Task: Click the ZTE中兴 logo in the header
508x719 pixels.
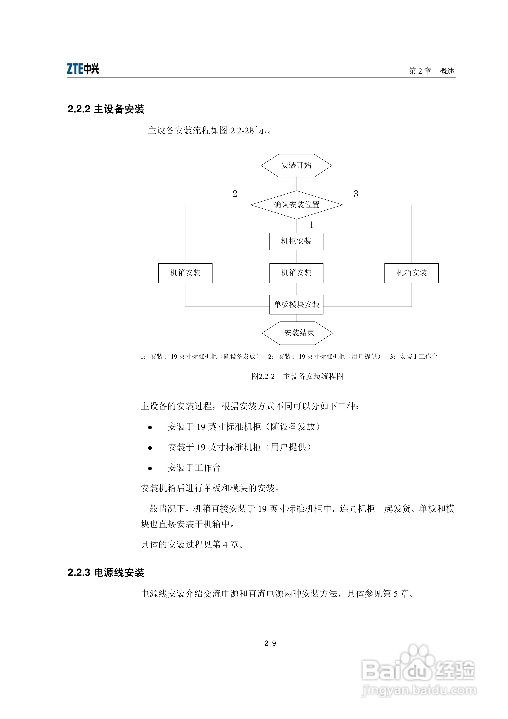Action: point(83,69)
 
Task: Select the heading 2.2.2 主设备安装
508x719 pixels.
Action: point(106,109)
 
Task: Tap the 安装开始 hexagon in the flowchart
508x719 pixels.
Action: point(296,165)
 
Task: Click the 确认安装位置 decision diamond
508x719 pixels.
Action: point(296,205)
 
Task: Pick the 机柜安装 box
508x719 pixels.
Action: point(296,241)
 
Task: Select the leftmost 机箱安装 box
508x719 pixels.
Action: point(185,273)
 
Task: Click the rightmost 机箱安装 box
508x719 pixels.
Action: point(411,273)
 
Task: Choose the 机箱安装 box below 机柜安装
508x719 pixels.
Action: point(296,273)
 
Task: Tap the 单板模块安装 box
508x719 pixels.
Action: point(296,304)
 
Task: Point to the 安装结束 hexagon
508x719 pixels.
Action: point(297,333)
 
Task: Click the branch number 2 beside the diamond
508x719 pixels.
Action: point(235,194)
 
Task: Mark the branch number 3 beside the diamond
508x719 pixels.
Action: point(356,194)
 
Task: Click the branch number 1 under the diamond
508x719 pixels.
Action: point(311,225)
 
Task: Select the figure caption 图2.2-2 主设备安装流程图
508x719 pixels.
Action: point(297,376)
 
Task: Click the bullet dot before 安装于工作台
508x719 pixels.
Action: point(150,468)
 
